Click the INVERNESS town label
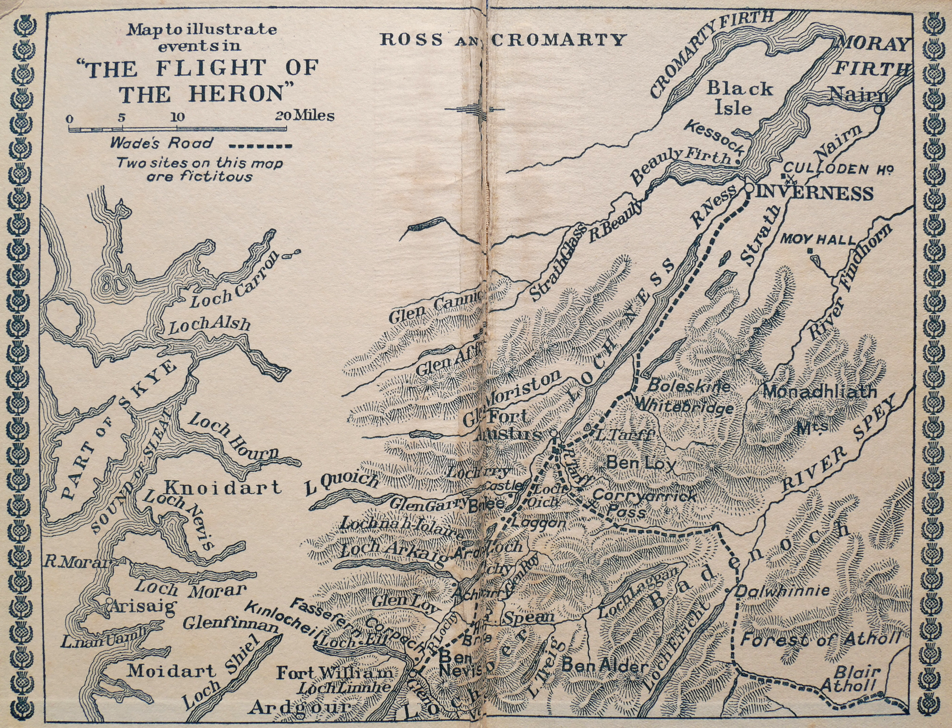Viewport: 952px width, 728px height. tap(815, 193)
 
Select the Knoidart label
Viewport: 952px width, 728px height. tap(223, 487)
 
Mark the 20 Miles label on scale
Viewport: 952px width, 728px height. tap(304, 116)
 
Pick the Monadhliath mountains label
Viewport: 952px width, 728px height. tap(819, 392)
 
